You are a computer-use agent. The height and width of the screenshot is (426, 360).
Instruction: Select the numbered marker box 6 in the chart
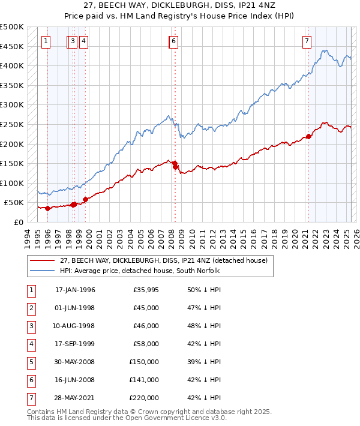click(173, 41)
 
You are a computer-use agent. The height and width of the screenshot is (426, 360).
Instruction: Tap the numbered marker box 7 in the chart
click(307, 41)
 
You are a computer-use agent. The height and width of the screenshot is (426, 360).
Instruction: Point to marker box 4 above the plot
click(83, 41)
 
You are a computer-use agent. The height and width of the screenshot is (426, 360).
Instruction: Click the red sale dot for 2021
click(308, 136)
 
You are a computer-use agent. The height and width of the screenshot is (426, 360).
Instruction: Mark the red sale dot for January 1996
click(47, 208)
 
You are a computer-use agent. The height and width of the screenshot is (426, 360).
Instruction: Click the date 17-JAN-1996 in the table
click(75, 290)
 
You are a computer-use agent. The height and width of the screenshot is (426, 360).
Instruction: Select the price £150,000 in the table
click(144, 362)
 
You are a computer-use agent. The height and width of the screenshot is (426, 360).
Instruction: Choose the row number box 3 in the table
click(30, 326)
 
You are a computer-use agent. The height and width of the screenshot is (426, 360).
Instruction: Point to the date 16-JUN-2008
click(75, 380)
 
